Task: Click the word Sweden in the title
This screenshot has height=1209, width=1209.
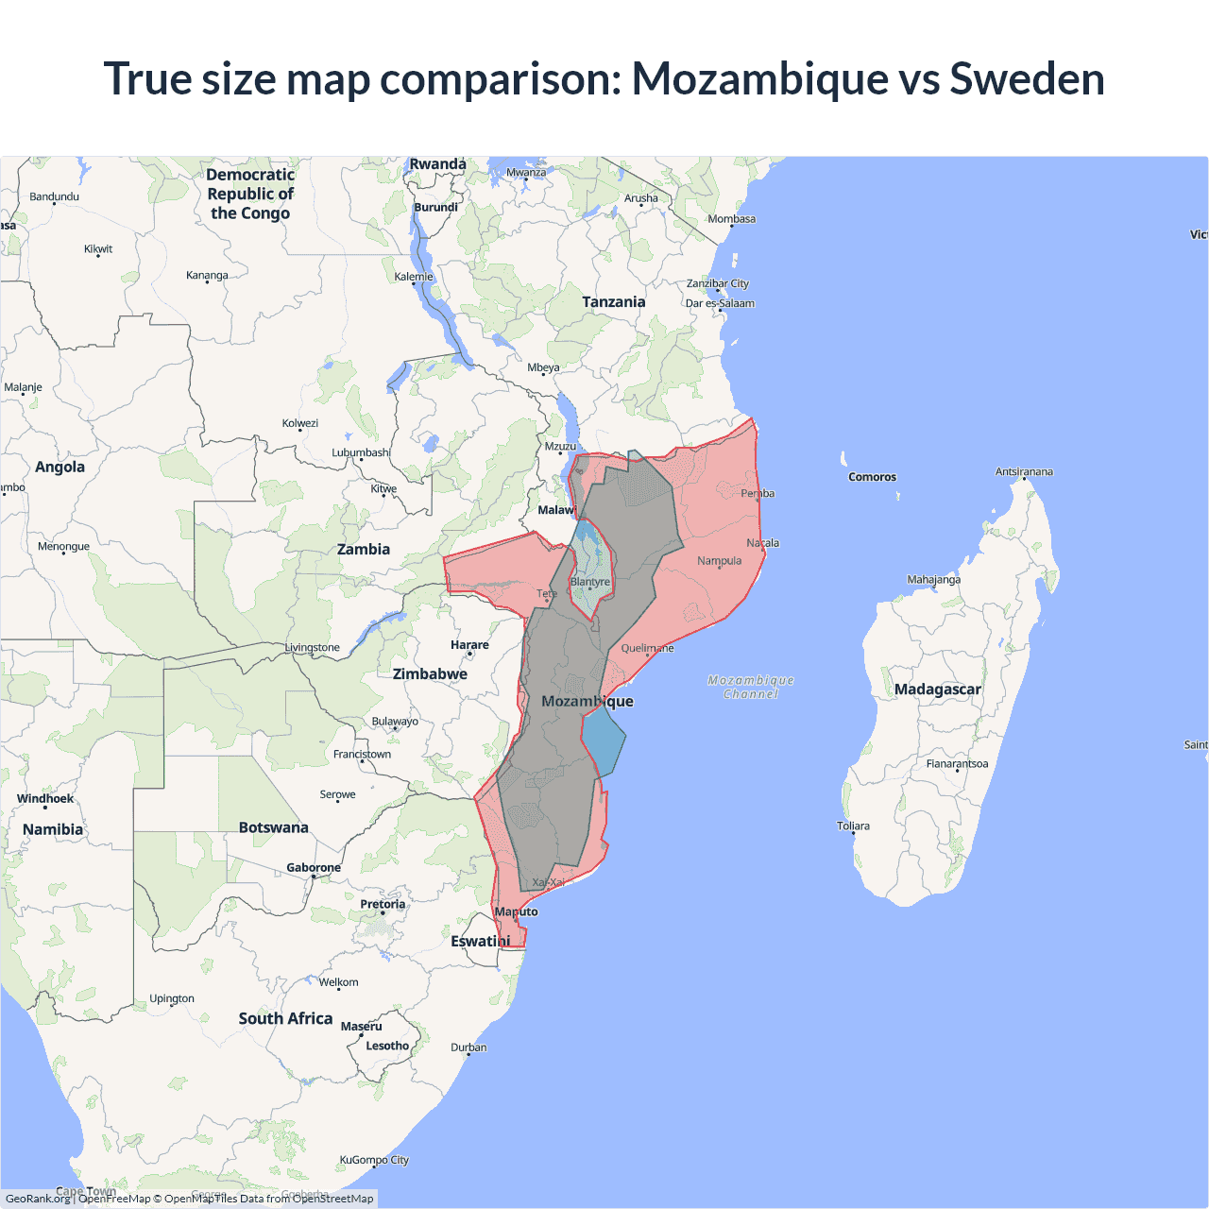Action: pos(1027,78)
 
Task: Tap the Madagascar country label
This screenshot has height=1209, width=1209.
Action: pos(937,690)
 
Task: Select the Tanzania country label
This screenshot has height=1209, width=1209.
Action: pos(613,302)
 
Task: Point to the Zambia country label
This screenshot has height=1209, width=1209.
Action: pos(364,550)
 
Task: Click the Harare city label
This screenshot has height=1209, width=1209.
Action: pos(469,645)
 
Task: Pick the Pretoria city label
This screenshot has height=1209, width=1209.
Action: pos(383,905)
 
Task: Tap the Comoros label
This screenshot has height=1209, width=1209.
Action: pos(872,477)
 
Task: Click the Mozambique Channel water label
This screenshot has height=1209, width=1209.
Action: pos(751,687)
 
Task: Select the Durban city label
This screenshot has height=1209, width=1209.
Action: pos(468,1047)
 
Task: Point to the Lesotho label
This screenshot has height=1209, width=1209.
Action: pos(387,1047)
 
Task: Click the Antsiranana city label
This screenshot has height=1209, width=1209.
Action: pos(1024,472)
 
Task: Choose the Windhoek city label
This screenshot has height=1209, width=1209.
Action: pos(45,799)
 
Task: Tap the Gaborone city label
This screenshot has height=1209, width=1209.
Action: pos(314,868)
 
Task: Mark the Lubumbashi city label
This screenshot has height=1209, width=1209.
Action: pos(361,453)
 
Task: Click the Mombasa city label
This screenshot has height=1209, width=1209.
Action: pos(732,219)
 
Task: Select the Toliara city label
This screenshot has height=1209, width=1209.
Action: pos(853,826)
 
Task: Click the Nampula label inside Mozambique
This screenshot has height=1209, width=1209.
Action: pos(720,561)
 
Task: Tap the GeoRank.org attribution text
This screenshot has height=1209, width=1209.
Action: pos(38,1199)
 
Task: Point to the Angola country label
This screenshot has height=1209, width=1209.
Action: pos(60,468)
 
